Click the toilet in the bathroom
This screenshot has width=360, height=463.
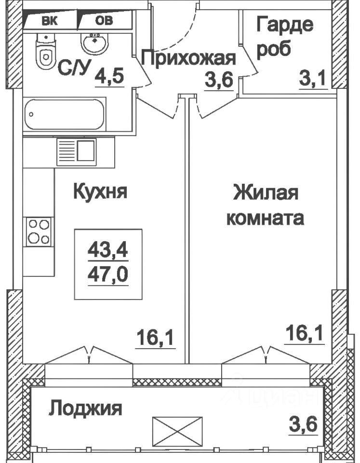pyautogui.click(x=44, y=53)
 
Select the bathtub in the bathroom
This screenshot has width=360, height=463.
pyautogui.click(x=64, y=114)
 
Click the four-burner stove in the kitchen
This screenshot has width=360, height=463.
pyautogui.click(x=39, y=231)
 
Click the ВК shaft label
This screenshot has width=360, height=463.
pyautogui.click(x=48, y=20)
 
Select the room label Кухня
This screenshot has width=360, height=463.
pyautogui.click(x=100, y=191)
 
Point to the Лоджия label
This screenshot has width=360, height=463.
pyautogui.click(x=86, y=409)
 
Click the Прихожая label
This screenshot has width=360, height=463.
pyautogui.click(x=189, y=59)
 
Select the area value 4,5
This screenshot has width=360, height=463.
pyautogui.click(x=109, y=77)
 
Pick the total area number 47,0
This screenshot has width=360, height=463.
pyautogui.click(x=108, y=275)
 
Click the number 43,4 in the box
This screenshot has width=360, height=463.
pyautogui.click(x=108, y=251)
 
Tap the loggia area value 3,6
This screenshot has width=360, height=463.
pyautogui.click(x=304, y=425)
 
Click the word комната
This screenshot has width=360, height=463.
pyautogui.click(x=265, y=218)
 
